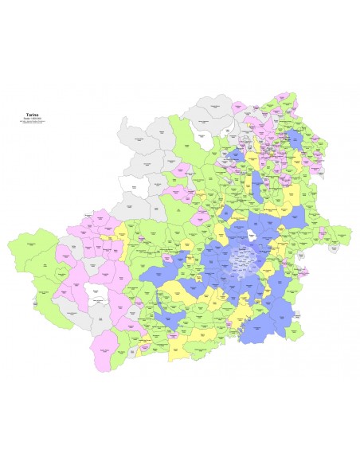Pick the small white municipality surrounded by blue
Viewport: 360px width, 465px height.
(252, 236)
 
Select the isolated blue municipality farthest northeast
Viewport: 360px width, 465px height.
(296, 139)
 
